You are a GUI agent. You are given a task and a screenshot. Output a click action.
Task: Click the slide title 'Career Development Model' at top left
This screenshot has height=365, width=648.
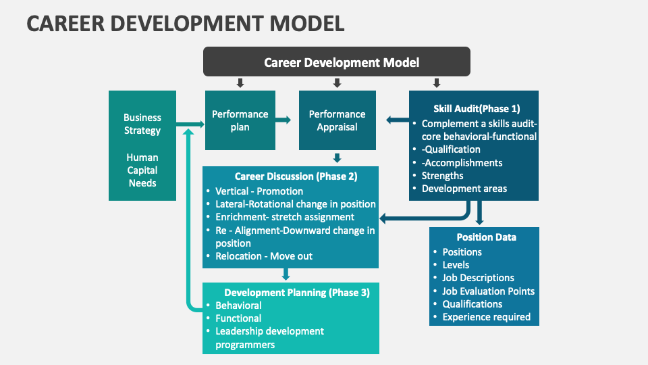(186, 23)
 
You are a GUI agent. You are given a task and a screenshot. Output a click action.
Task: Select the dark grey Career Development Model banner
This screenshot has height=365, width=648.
(337, 62)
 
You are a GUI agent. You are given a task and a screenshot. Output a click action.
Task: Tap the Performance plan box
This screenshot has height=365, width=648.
(240, 120)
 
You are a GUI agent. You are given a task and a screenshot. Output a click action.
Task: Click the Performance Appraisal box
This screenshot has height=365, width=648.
(337, 120)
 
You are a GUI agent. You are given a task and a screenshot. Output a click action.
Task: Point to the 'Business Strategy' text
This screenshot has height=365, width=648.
(142, 124)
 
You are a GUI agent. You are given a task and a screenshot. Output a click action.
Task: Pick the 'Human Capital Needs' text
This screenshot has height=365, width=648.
(142, 170)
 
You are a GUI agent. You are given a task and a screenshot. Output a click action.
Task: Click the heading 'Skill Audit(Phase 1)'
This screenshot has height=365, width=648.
(477, 108)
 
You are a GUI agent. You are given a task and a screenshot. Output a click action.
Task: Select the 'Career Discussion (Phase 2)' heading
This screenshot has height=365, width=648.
(296, 176)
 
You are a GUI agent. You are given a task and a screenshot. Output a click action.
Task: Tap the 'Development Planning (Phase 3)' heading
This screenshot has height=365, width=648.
(297, 293)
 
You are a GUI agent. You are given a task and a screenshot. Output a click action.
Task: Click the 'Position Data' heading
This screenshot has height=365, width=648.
(486, 237)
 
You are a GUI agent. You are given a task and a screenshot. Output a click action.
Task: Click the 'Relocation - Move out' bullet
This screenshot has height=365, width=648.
(264, 256)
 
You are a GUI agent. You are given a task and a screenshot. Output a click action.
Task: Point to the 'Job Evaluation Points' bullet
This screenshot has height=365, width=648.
(488, 291)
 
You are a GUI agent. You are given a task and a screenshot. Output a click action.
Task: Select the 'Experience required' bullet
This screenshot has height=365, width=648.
(486, 317)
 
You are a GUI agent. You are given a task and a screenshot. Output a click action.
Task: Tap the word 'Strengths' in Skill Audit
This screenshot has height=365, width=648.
(443, 176)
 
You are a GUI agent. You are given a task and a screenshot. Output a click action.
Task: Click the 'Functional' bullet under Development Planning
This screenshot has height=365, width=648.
(238, 318)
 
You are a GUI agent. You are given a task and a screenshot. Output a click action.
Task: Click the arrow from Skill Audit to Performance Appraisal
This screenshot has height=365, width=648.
(398, 120)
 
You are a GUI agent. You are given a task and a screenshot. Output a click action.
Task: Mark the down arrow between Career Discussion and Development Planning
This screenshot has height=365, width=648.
(286, 274)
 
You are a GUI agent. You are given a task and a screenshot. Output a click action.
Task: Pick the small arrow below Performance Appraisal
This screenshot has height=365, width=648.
(337, 158)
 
